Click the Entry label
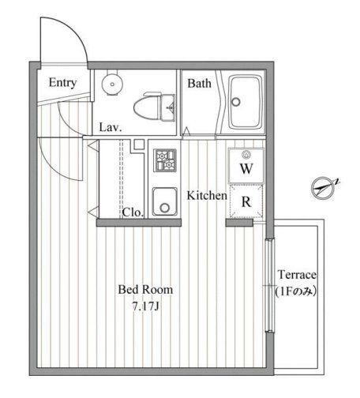(x=62, y=83)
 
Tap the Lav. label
(x=111, y=128)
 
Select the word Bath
(x=199, y=84)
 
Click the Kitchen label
(x=207, y=195)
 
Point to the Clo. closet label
(x=133, y=212)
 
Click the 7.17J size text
(x=145, y=306)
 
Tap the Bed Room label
(x=145, y=290)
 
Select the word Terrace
(x=297, y=275)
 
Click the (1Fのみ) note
(x=295, y=291)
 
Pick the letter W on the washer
(x=246, y=168)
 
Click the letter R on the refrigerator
(x=246, y=201)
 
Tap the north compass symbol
(x=324, y=188)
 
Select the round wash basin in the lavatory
(x=112, y=84)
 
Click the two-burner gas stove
(x=165, y=160)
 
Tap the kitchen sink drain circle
(x=165, y=208)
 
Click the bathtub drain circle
(x=236, y=102)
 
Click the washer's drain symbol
(x=246, y=155)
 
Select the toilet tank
(x=167, y=107)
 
